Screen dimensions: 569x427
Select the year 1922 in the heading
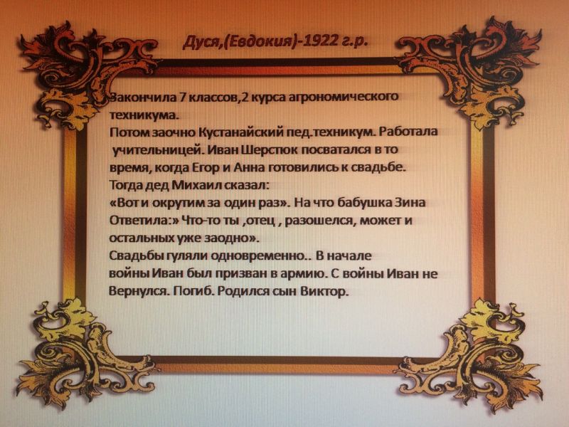coord(320,41)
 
